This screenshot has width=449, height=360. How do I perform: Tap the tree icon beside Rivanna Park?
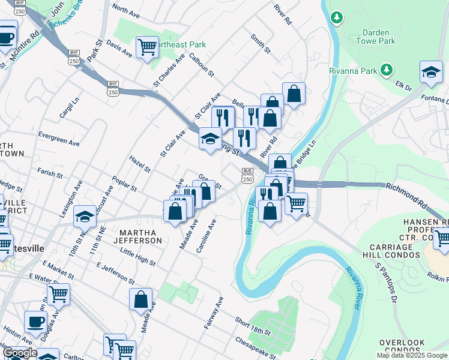pyautogui.click(x=387, y=70)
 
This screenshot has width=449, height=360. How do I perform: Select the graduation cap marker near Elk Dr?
pyautogui.click(x=430, y=72)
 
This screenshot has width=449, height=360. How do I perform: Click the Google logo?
pyautogui.click(x=19, y=353)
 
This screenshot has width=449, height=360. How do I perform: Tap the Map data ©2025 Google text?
pyautogui.click(x=412, y=355)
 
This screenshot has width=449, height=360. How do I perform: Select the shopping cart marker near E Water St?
pyautogui.click(x=58, y=294)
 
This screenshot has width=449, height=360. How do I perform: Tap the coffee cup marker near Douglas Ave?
pyautogui.click(x=35, y=322)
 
